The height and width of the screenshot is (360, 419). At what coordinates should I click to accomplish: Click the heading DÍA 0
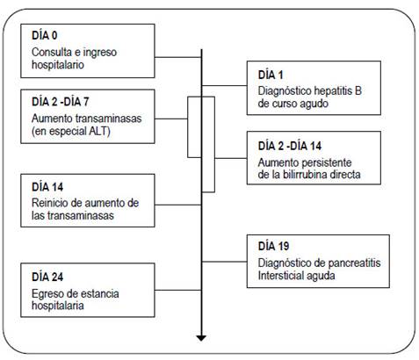45,35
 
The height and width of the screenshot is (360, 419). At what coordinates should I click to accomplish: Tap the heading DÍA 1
271,75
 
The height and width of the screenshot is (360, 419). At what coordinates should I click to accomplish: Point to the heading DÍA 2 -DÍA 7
60,102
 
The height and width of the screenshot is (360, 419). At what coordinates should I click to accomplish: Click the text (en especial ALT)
71,131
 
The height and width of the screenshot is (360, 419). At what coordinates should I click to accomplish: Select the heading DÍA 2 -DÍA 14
290,146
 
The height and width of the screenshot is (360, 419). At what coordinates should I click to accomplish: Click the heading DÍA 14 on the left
47,187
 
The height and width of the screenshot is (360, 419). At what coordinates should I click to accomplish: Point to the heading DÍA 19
273,246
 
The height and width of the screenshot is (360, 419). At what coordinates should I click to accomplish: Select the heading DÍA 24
47,277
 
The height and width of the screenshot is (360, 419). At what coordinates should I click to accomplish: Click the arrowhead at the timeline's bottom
201,338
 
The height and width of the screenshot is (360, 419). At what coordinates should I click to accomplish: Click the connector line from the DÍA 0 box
178,57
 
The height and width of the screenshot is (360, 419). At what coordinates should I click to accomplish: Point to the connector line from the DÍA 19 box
224,262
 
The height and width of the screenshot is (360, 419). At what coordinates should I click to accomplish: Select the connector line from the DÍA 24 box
178,290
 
